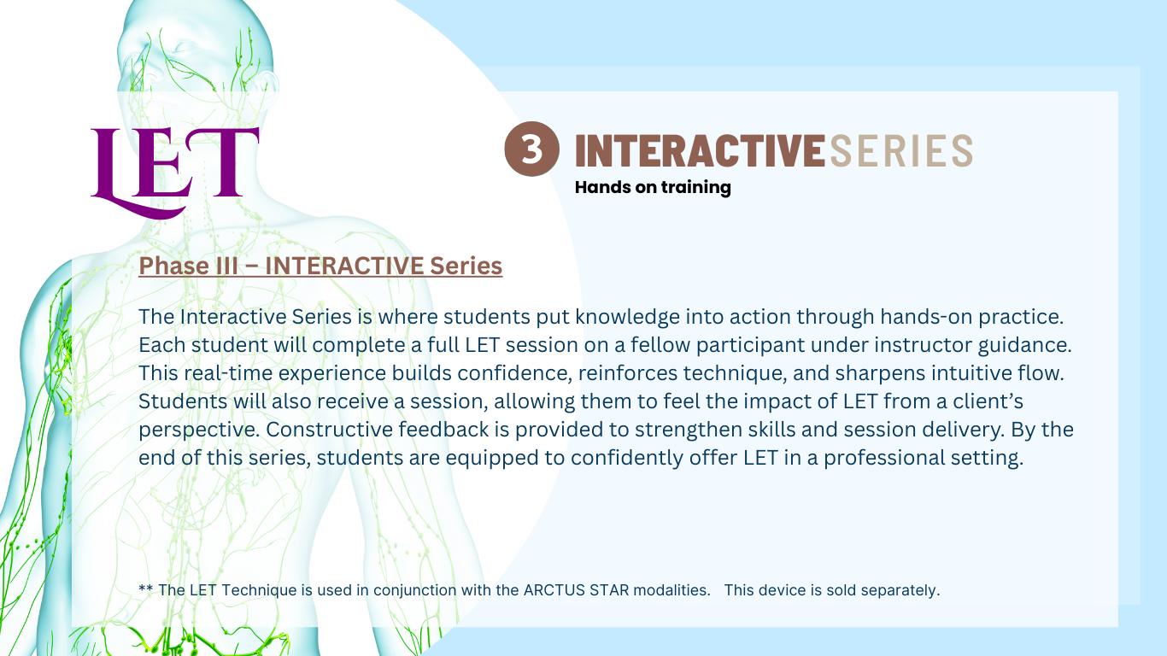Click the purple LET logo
[174, 172]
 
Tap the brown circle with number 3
[531, 149]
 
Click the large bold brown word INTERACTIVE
[700, 150]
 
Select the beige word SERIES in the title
[900, 150]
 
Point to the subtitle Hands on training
[653, 187]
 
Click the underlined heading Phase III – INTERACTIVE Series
[320, 266]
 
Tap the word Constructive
[329, 430]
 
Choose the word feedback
[443, 430]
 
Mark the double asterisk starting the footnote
[145, 589]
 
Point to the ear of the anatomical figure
[267, 84]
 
